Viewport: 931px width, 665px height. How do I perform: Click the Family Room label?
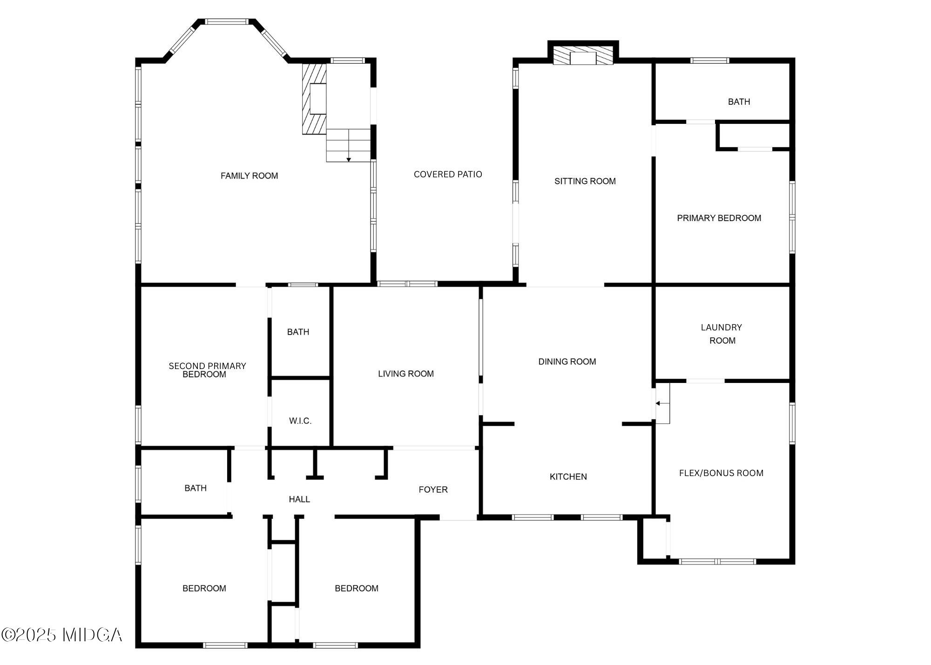click(249, 175)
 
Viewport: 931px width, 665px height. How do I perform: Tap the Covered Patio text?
click(447, 174)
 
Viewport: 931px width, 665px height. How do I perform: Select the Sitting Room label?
click(585, 181)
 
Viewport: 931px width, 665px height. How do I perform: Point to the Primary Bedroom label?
click(719, 218)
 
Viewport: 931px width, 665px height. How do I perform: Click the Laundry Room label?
click(722, 334)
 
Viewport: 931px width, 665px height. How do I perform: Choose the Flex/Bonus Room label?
click(721, 473)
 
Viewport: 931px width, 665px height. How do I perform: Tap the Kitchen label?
click(568, 477)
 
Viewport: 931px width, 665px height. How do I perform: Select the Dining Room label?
click(567, 362)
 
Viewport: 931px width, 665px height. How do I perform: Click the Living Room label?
click(405, 374)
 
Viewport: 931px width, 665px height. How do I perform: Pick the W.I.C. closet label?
click(300, 421)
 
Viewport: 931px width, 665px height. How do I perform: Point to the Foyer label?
click(433, 490)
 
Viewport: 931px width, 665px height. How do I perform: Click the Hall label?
click(299, 499)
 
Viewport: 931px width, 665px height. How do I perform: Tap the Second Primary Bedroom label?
click(207, 370)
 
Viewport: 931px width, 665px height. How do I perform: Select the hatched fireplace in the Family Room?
click(314, 99)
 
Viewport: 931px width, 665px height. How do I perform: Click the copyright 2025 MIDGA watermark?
click(62, 635)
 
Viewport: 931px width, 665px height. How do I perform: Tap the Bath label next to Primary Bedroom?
click(739, 101)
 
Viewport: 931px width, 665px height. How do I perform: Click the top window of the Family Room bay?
click(227, 21)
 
